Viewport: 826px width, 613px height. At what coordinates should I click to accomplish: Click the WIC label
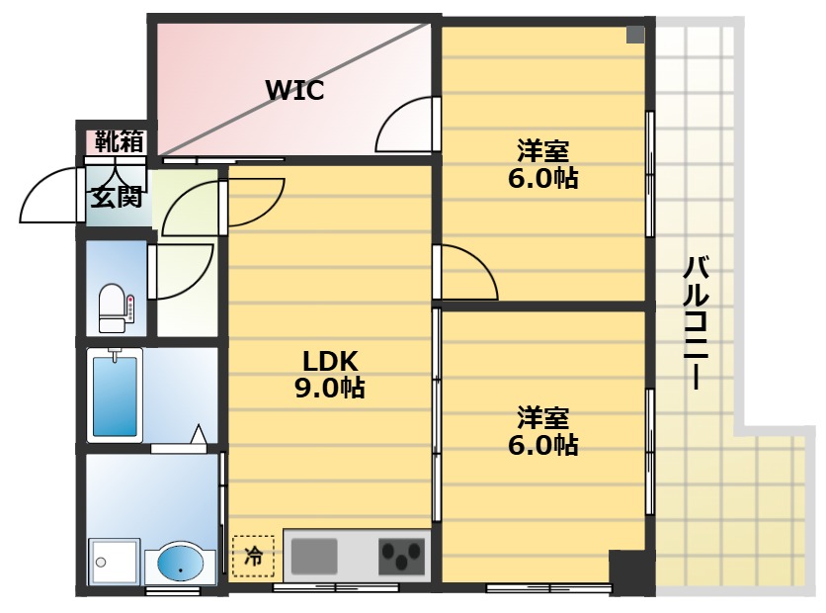click(294, 91)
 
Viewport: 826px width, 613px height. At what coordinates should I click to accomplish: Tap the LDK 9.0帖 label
click(330, 374)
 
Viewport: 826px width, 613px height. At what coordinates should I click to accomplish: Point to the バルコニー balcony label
click(698, 322)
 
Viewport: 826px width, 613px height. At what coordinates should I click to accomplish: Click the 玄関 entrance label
click(118, 196)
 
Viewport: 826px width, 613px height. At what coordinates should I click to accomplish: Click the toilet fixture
click(114, 307)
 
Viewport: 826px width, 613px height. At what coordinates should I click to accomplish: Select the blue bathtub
click(114, 395)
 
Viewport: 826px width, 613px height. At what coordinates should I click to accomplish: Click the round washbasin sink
click(180, 565)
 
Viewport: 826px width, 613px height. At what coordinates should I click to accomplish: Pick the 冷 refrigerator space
click(254, 556)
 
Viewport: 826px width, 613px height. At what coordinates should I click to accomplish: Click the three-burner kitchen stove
click(401, 557)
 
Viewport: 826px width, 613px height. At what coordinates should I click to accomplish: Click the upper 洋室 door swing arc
click(466, 271)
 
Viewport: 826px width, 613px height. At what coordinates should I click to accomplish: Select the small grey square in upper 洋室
click(634, 35)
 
